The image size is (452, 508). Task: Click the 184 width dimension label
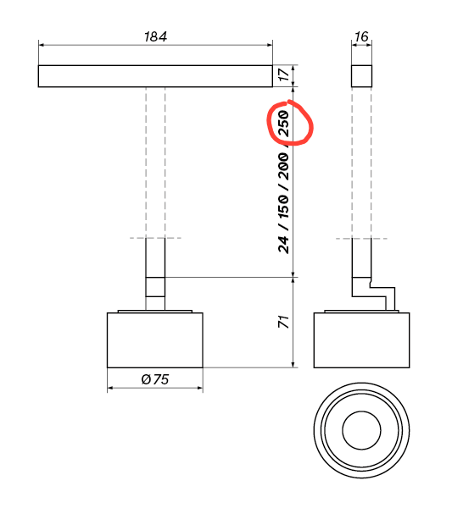pos(155,36)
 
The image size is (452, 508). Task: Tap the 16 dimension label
pos(361,36)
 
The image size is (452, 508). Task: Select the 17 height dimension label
pos(283,75)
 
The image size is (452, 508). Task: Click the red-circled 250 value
pos(283,123)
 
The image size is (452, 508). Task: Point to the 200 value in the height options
pos(283,167)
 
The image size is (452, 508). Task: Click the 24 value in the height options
pos(283,244)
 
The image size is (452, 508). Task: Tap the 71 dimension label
pos(283,322)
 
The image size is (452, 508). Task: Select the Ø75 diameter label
pos(155,379)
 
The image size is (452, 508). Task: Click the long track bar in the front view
pos(155,76)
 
